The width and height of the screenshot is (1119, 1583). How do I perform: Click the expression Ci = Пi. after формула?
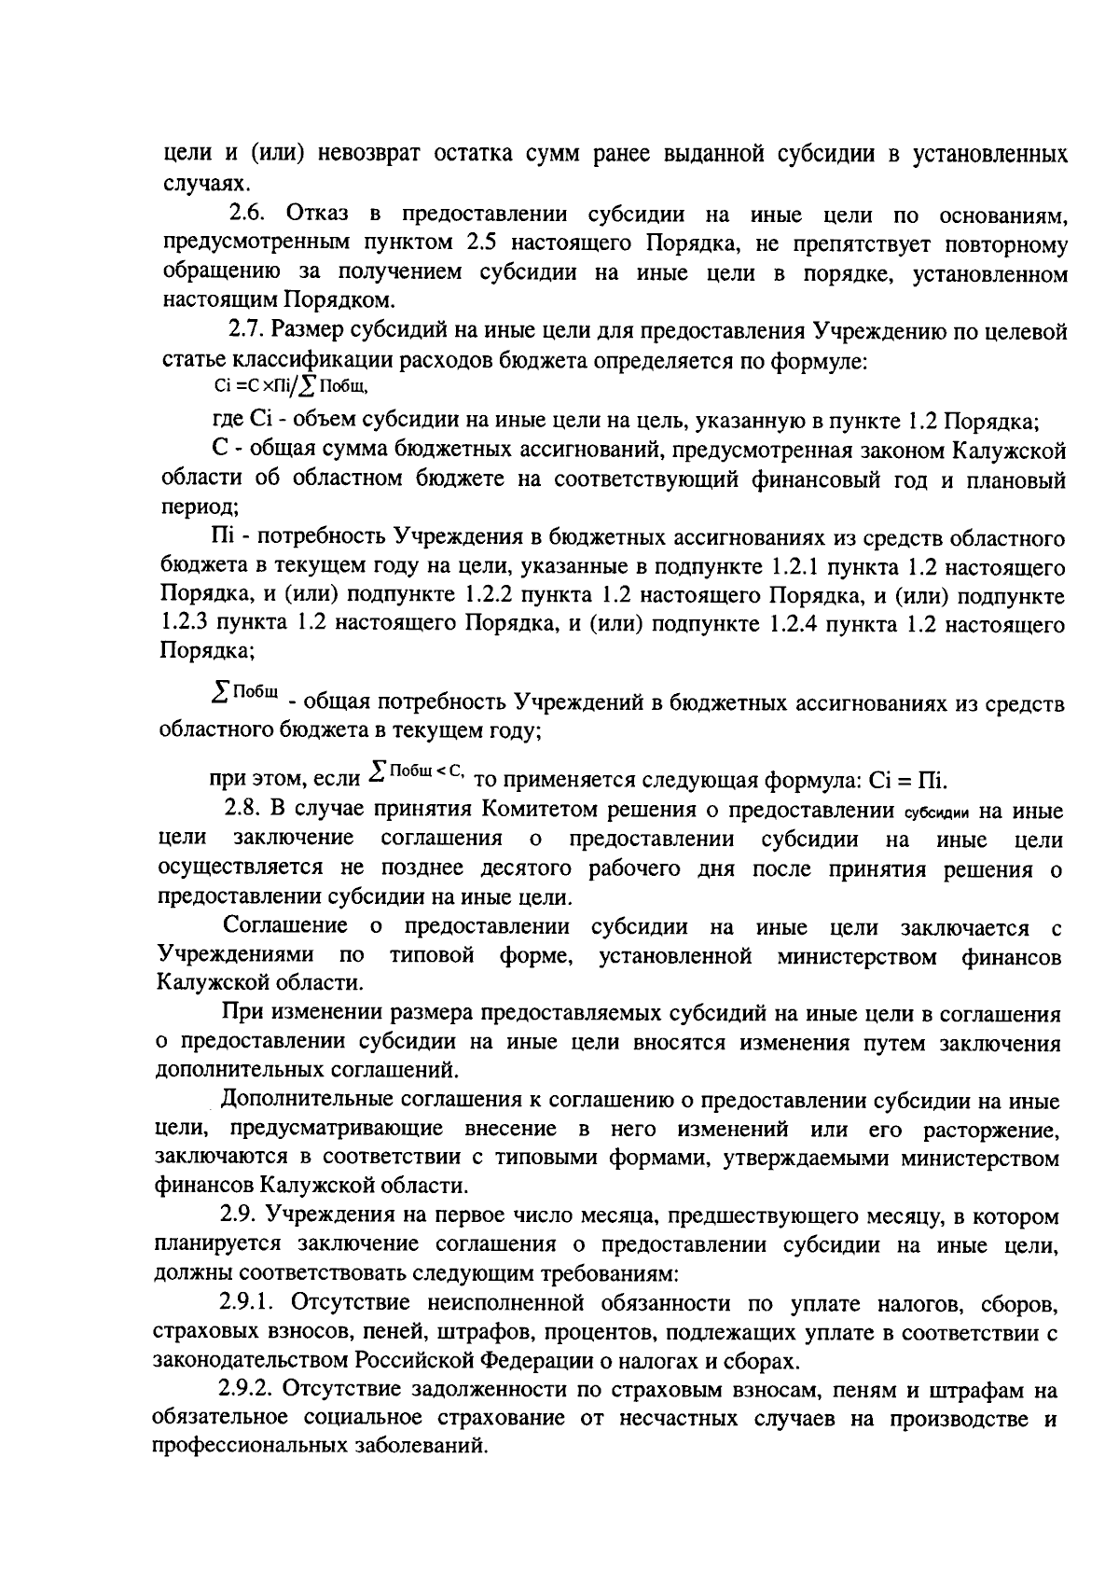pyautogui.click(x=908, y=780)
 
